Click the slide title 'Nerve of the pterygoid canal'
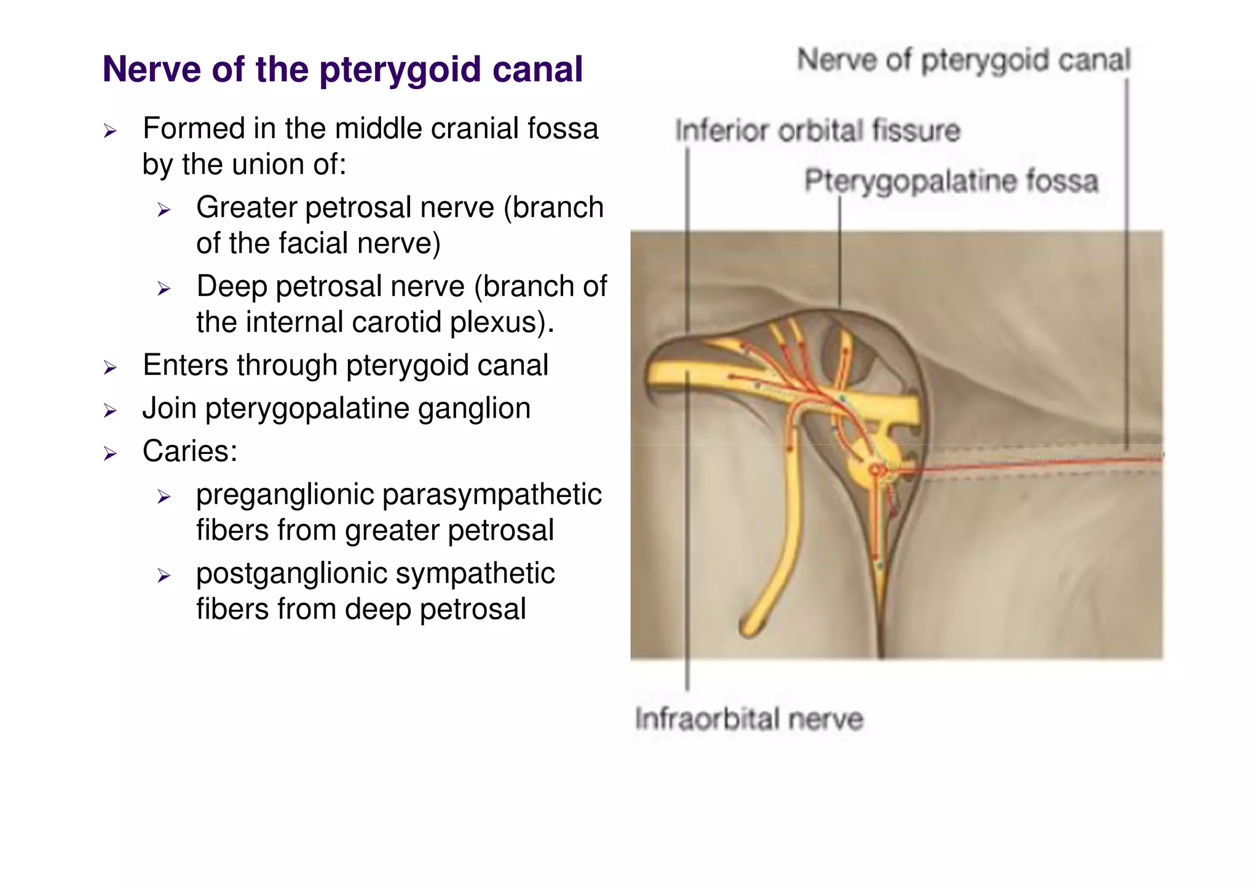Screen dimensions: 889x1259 tap(342, 69)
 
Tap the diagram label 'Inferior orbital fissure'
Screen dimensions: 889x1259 tap(817, 131)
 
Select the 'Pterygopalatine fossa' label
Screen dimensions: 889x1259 tap(950, 181)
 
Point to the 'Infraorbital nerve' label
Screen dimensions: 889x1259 tap(749, 719)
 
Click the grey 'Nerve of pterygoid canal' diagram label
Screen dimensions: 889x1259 tap(963, 61)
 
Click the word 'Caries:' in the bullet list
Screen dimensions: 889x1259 tap(190, 451)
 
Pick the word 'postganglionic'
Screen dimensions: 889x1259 tap(291, 574)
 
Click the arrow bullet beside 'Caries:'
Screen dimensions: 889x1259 tap(110, 453)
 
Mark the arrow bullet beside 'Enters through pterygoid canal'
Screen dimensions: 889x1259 tap(110, 368)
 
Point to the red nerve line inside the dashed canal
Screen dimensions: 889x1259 tap(1033, 464)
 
